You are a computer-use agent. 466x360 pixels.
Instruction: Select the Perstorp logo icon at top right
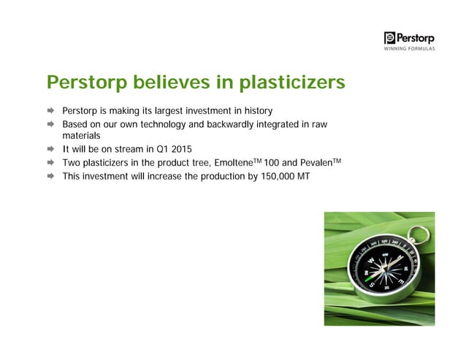click(389, 38)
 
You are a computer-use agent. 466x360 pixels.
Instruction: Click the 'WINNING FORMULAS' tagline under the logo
click(410, 50)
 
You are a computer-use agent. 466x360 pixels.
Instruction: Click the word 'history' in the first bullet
click(256, 111)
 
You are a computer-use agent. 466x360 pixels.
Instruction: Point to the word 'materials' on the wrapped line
click(81, 136)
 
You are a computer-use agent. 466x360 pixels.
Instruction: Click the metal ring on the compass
click(419, 235)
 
